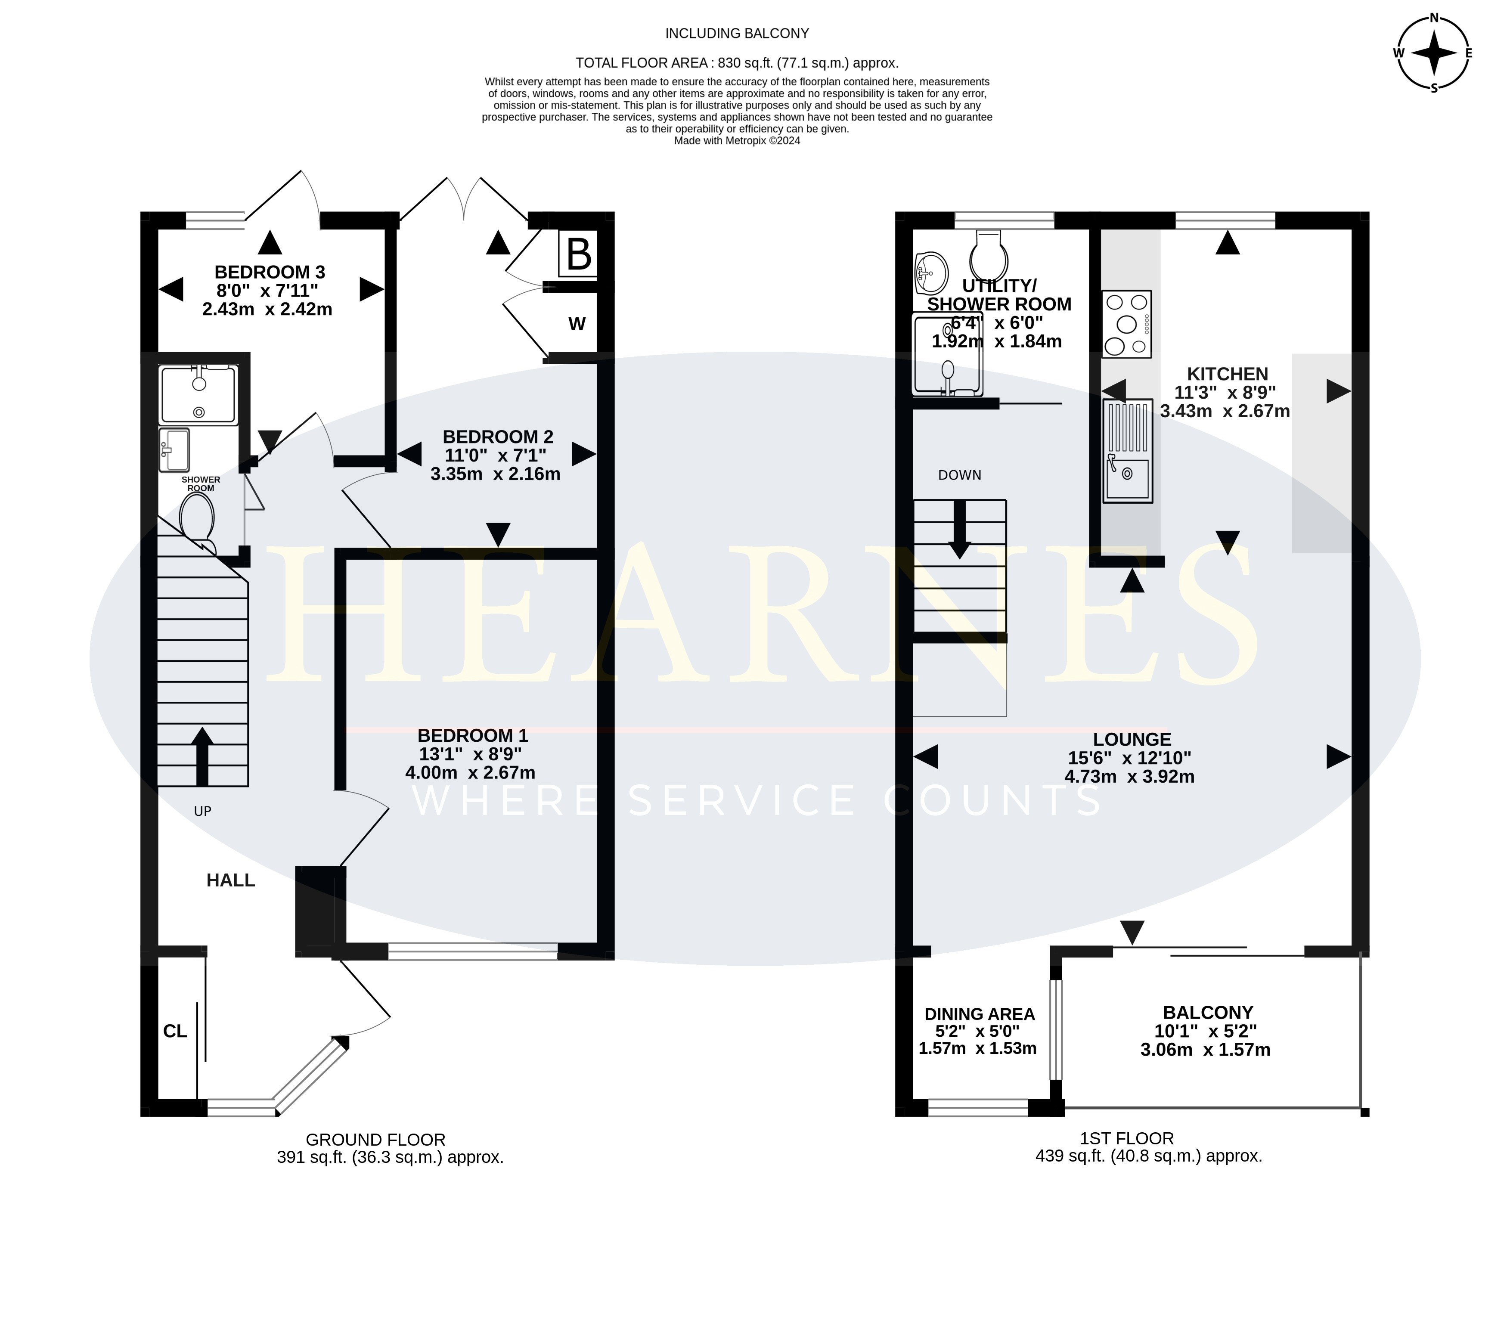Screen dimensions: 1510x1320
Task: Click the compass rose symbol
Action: pos(1433,53)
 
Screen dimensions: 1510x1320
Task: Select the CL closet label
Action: pos(175,1031)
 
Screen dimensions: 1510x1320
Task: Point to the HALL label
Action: pos(230,880)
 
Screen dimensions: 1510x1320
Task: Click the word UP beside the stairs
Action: pos(202,811)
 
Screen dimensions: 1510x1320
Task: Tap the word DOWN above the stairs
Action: pos(960,475)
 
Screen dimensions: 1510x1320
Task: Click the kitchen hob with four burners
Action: pos(1127,324)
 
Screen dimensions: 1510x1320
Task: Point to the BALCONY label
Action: pos(1208,1013)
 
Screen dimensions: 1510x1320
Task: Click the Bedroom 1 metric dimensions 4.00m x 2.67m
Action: pos(470,773)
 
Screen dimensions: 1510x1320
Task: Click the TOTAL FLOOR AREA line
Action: pos(737,62)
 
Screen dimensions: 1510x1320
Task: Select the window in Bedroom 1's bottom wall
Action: pos(473,952)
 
